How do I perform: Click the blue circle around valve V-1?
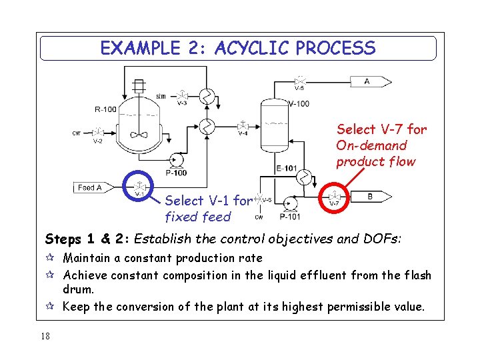click(x=140, y=188)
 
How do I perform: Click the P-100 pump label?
click(x=176, y=173)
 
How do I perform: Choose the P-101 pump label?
click(x=290, y=216)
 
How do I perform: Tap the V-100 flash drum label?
click(x=299, y=104)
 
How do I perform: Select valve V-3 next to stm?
click(x=182, y=95)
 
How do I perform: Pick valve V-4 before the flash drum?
click(x=244, y=126)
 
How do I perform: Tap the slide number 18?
click(x=45, y=336)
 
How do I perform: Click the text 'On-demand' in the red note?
click(x=371, y=145)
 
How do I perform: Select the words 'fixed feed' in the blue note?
click(x=197, y=217)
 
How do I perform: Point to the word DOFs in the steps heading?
click(x=382, y=239)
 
